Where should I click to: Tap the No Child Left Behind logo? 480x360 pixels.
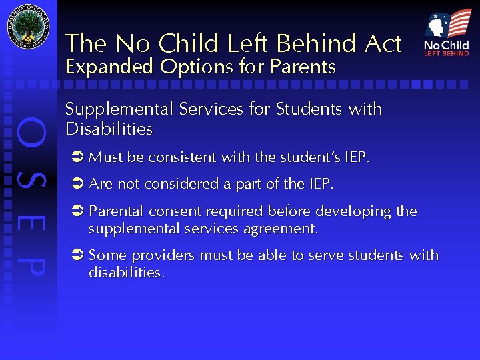point(447,33)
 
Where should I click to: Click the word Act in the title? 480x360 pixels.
point(383,44)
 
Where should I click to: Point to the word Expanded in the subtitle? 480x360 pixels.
point(109,67)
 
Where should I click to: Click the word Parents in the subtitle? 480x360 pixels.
point(303,67)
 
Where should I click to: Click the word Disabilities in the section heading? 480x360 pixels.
point(109,129)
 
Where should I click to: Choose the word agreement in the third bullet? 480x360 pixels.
point(283,229)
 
